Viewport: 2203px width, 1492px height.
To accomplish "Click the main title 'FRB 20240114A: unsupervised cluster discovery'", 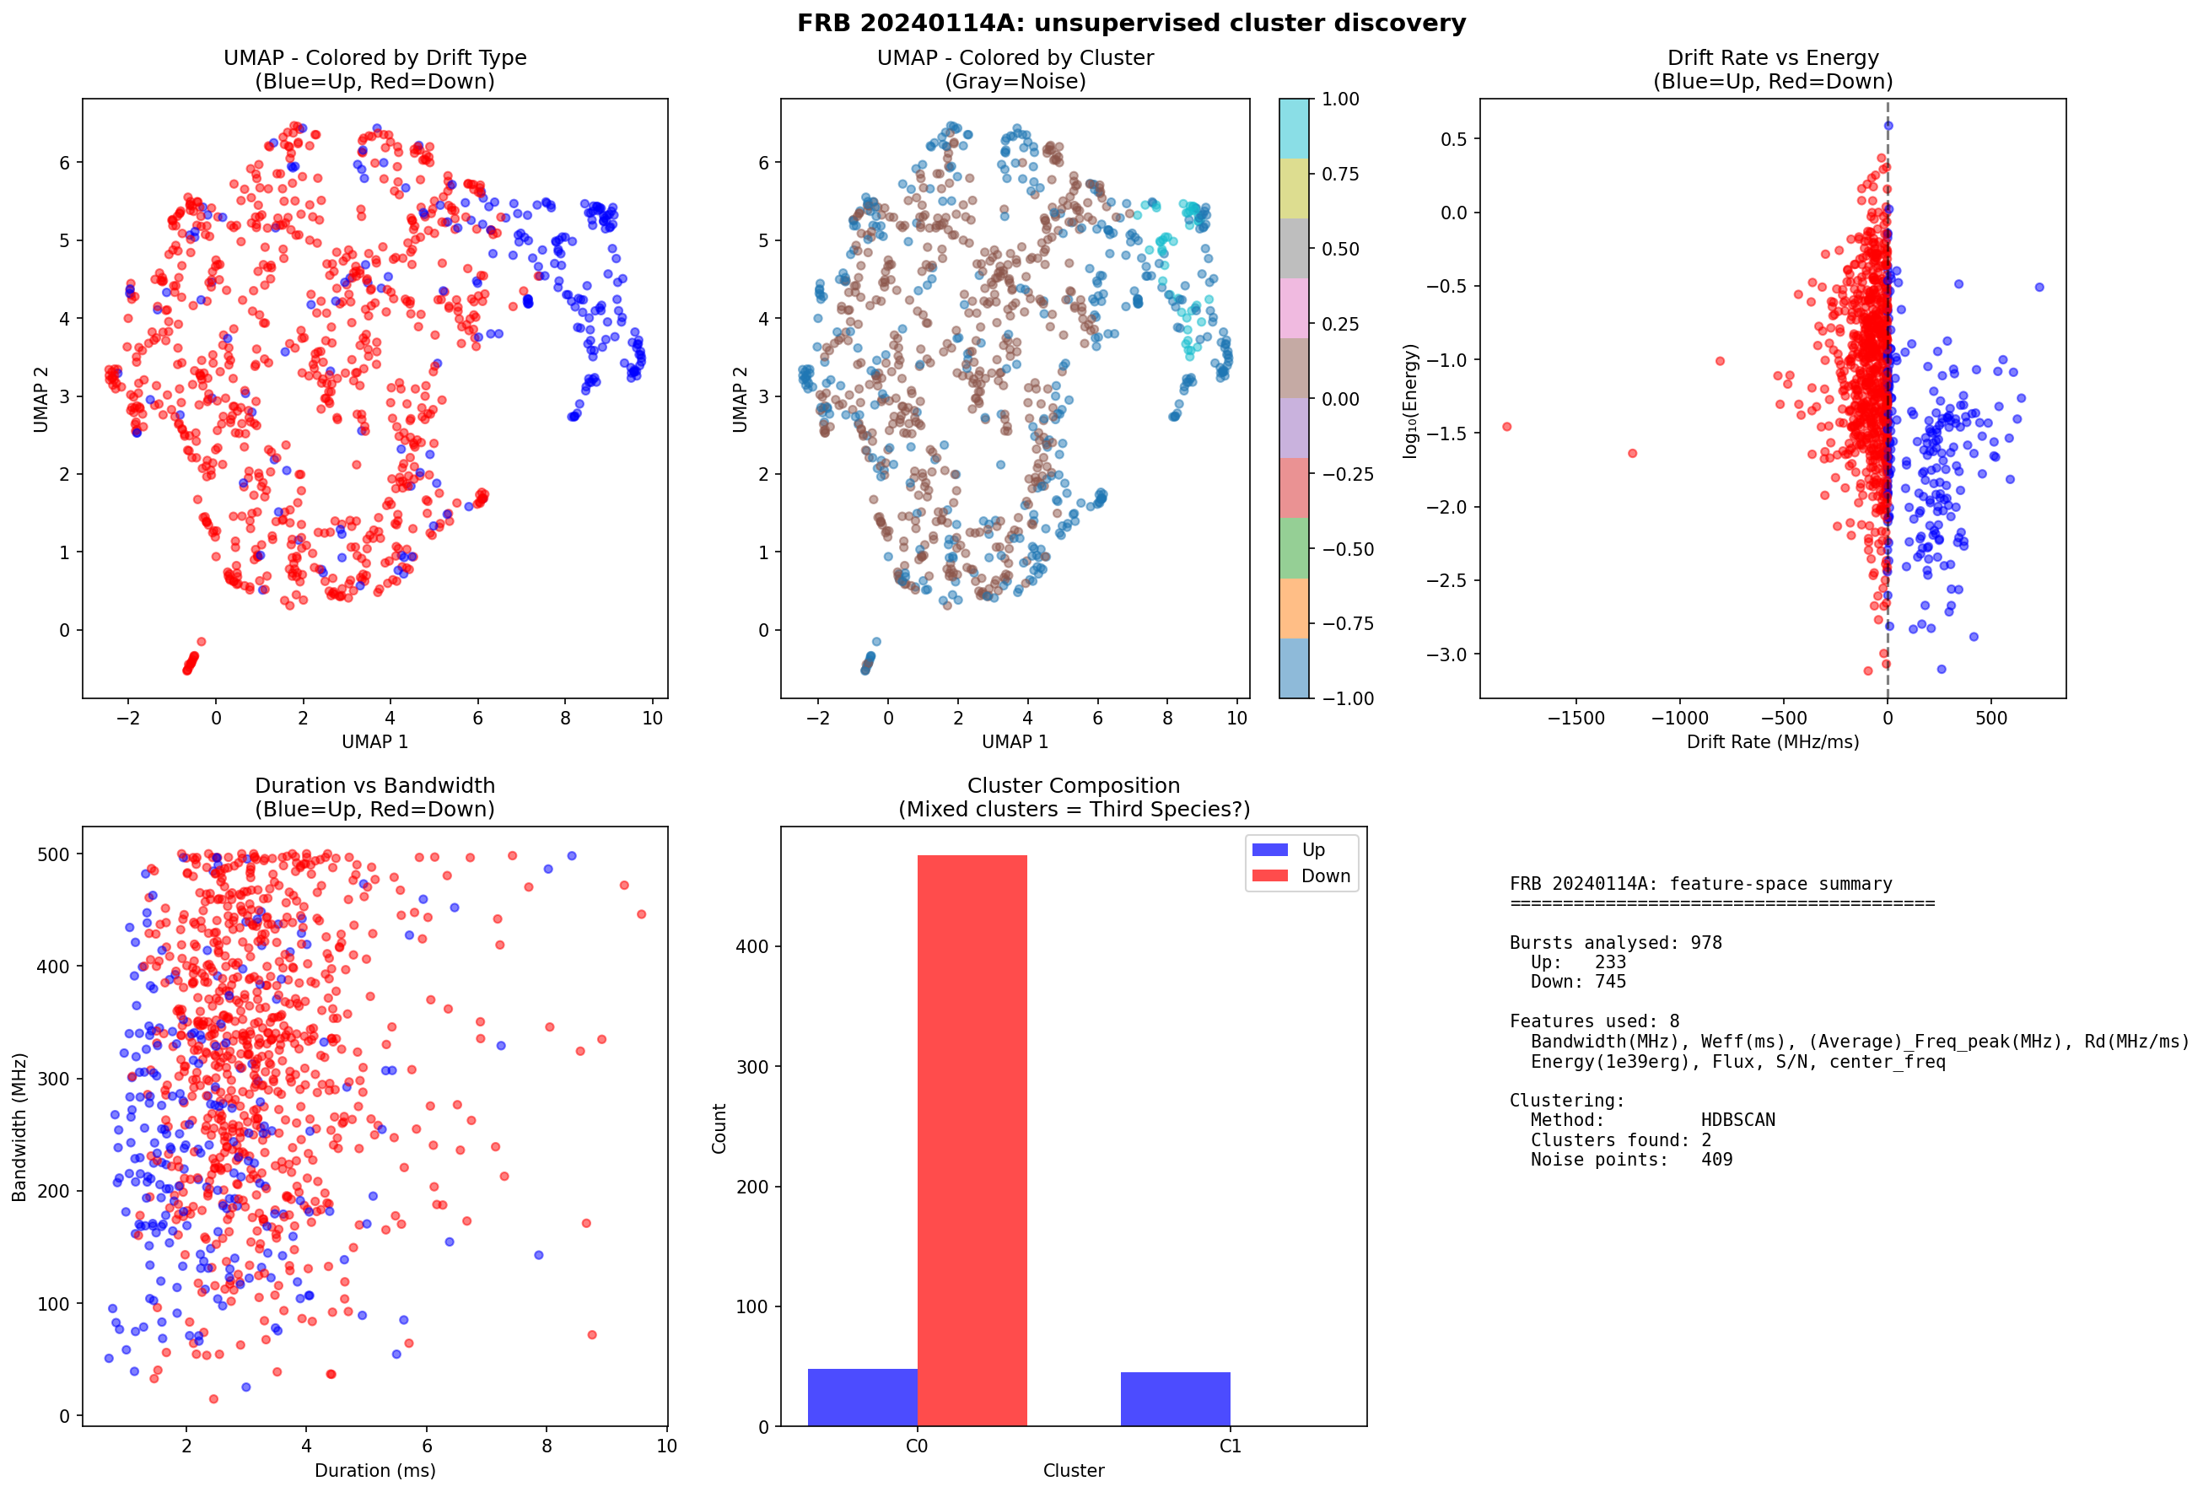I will [x=1131, y=23].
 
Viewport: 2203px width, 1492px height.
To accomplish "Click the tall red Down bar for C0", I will [x=972, y=1138].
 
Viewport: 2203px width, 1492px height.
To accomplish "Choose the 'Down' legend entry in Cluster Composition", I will [x=1324, y=875].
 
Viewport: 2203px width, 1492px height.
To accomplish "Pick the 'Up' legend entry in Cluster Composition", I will [x=1313, y=849].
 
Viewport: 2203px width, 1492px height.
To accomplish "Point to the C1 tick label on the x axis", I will [x=1230, y=1446].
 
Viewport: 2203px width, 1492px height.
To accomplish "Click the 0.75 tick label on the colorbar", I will [x=1339, y=174].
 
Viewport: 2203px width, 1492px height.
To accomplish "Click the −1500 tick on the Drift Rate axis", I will [x=1575, y=719].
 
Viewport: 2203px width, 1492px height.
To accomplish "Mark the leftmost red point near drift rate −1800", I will [x=1507, y=427].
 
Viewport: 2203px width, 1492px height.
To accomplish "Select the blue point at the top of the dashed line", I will [x=1888, y=125].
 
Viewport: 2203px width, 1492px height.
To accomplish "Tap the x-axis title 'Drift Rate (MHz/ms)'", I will [x=1772, y=741].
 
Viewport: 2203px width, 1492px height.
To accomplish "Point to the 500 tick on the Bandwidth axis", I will [x=53, y=854].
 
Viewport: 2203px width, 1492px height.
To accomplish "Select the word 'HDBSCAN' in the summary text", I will [x=1737, y=1119].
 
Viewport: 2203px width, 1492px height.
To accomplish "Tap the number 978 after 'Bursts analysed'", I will [x=1705, y=942].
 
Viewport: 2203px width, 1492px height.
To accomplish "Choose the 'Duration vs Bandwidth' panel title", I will [x=374, y=785].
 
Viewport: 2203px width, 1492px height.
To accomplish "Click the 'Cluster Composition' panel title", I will [x=1073, y=785].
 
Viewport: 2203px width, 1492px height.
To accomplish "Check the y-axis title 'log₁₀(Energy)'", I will [x=1410, y=401].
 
